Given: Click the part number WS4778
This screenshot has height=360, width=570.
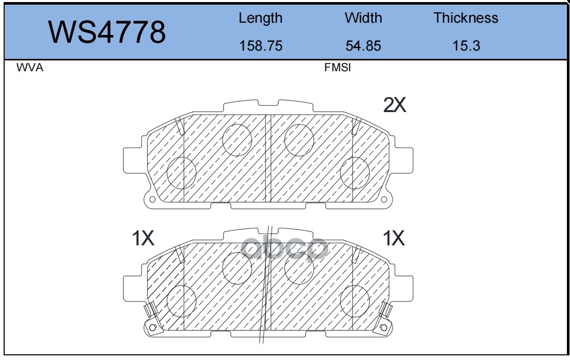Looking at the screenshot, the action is [107, 32].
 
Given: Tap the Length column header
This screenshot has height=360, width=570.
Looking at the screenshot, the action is [260, 18].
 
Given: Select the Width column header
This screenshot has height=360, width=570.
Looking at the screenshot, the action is [363, 18].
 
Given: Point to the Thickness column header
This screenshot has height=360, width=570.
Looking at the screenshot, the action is [466, 18].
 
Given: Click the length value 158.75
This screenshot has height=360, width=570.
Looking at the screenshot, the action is [261, 46].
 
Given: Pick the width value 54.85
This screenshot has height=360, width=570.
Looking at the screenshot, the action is [363, 46].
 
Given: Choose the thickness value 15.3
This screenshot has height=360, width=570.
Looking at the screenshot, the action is [466, 46].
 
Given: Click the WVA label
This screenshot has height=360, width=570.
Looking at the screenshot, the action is [30, 68].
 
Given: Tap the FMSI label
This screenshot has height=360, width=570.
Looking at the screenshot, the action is [337, 68].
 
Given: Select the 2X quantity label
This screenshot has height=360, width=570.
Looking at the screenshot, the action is [394, 105].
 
